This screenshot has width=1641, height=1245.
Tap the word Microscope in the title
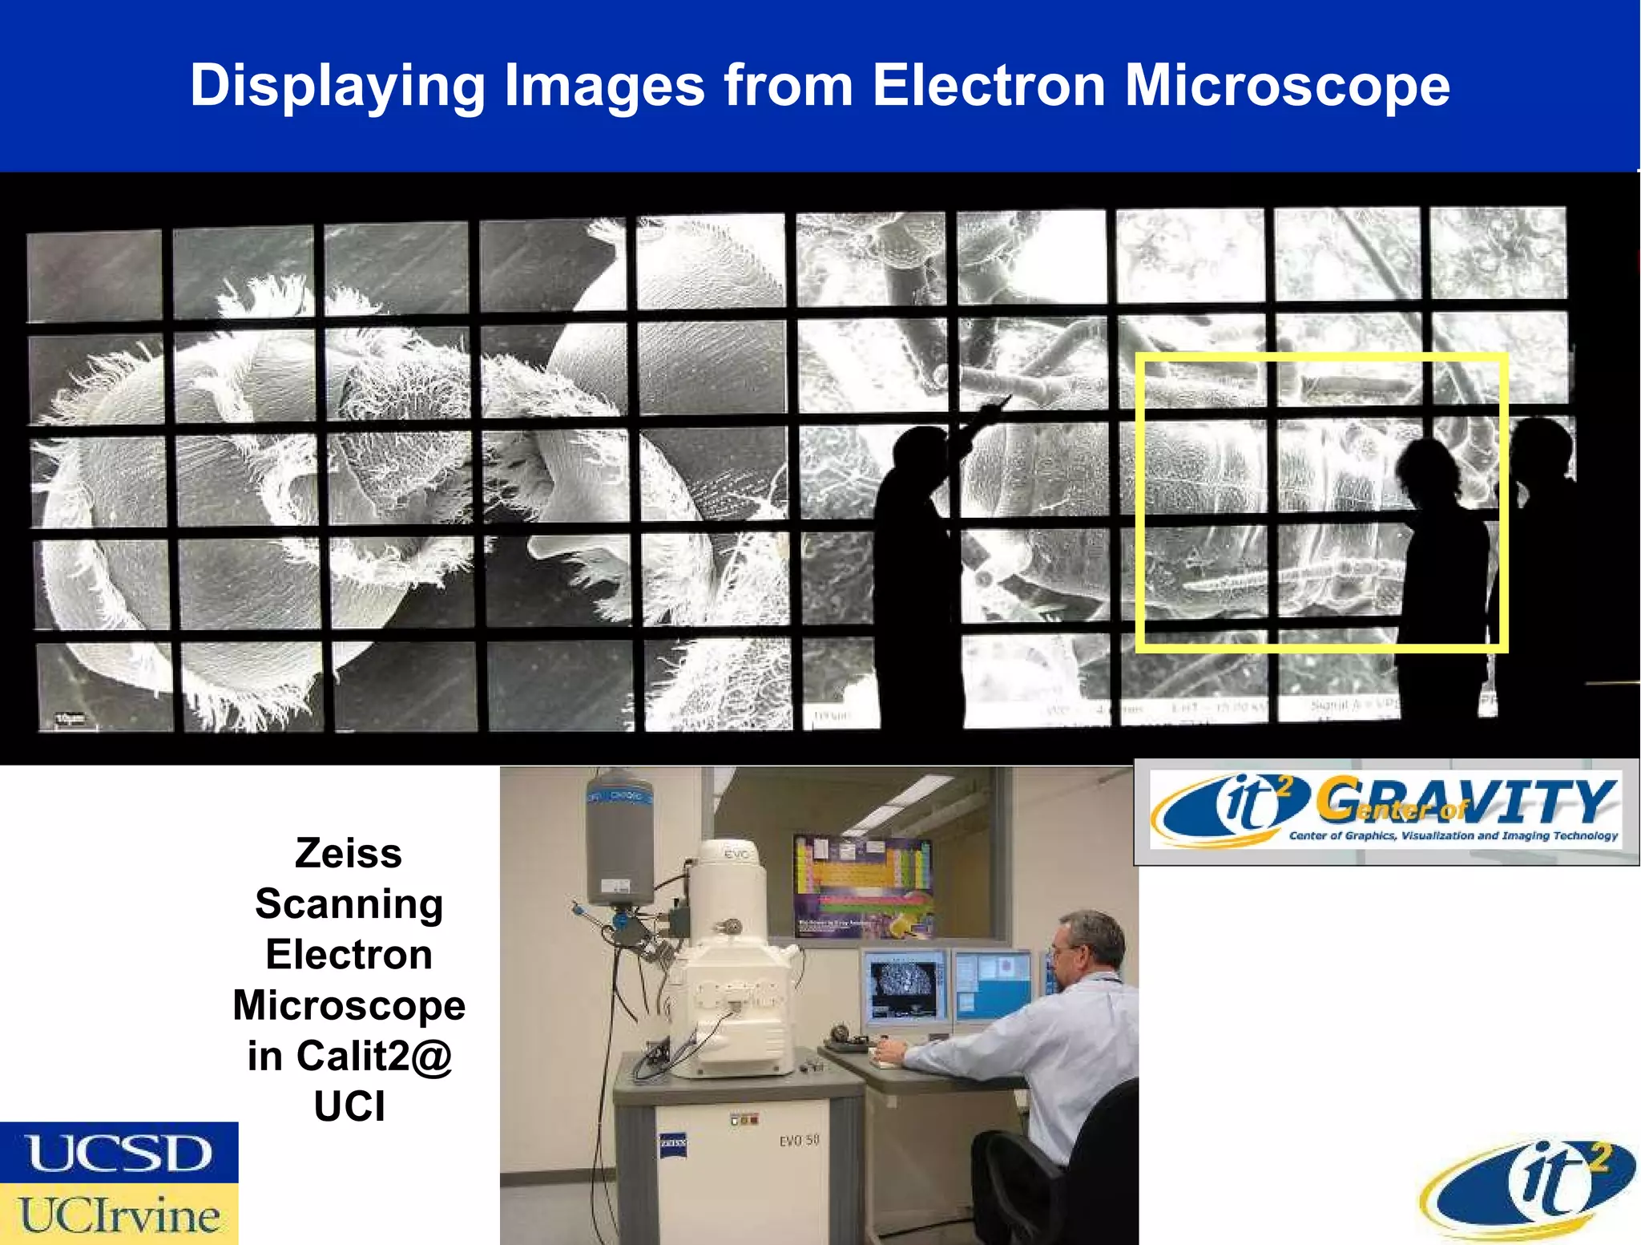1287,87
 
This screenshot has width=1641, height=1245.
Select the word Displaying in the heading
337,87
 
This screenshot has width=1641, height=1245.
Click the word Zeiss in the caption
349,852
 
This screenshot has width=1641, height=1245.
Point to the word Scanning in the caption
349,904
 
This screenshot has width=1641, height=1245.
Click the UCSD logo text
119,1154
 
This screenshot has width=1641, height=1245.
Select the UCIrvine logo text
119,1215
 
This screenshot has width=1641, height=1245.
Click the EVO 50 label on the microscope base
799,1140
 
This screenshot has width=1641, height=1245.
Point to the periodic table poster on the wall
864,887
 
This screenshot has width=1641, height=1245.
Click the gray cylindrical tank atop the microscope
620,838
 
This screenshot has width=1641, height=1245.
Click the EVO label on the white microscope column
736,855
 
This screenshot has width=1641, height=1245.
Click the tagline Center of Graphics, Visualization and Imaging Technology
1453,835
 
